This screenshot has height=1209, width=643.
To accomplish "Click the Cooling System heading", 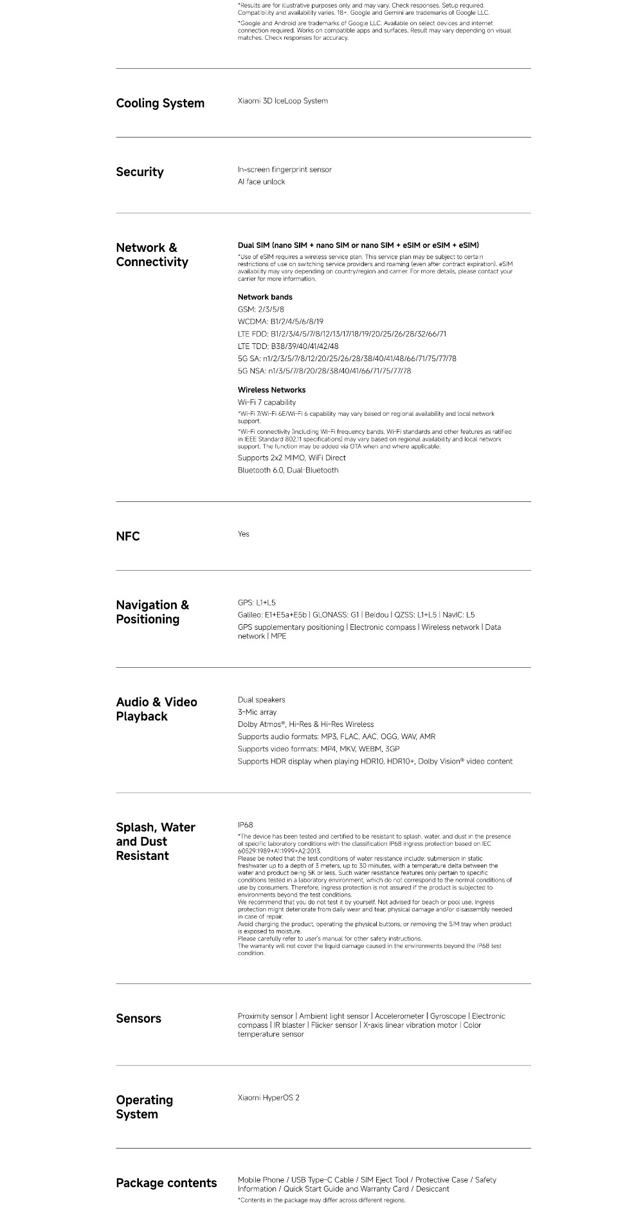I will pyautogui.click(x=160, y=103).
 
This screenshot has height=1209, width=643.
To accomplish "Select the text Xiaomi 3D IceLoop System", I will pyautogui.click(x=282, y=101).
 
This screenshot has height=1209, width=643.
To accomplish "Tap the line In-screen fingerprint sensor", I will pyautogui.click(x=284, y=170).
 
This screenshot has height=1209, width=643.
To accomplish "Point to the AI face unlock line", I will pyautogui.click(x=261, y=182).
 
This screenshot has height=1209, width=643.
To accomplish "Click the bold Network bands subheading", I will pyautogui.click(x=265, y=297).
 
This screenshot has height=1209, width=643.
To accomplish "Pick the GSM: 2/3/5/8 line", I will pyautogui.click(x=260, y=309).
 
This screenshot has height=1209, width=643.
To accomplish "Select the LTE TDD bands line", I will pyautogui.click(x=287, y=346).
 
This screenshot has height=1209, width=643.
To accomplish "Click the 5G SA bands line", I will pyautogui.click(x=347, y=359).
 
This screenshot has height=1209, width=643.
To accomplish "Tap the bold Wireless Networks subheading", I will pyautogui.click(x=271, y=390).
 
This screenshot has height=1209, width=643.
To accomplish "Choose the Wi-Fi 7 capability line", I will pyautogui.click(x=266, y=402).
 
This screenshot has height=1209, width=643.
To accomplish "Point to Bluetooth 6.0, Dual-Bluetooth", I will pyautogui.click(x=287, y=470).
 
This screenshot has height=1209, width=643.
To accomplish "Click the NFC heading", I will pyautogui.click(x=127, y=537).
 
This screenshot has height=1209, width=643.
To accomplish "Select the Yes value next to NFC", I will pyautogui.click(x=243, y=534).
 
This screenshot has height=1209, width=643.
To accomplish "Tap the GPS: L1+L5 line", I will pyautogui.click(x=256, y=603).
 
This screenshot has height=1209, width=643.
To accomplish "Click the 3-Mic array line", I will pyautogui.click(x=257, y=712).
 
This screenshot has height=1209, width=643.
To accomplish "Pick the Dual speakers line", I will pyautogui.click(x=261, y=700).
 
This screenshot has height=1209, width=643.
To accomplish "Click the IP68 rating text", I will pyautogui.click(x=245, y=825).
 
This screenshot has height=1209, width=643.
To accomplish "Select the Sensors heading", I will pyautogui.click(x=138, y=1019).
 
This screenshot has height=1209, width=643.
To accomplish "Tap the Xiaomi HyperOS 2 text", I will pyautogui.click(x=268, y=1098).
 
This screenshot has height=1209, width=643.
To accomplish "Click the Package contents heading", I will pyautogui.click(x=166, y=1183).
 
